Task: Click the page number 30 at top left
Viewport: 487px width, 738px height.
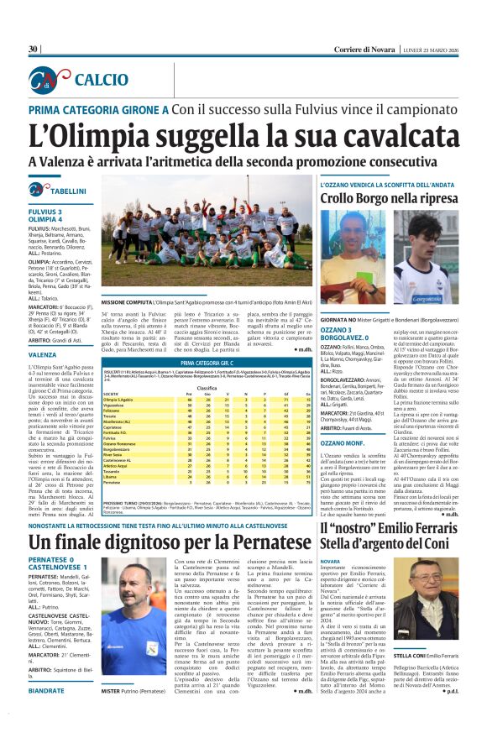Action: click(x=34, y=49)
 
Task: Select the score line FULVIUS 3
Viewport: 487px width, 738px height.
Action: click(x=45, y=212)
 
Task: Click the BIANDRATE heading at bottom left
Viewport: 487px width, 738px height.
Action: click(x=48, y=714)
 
